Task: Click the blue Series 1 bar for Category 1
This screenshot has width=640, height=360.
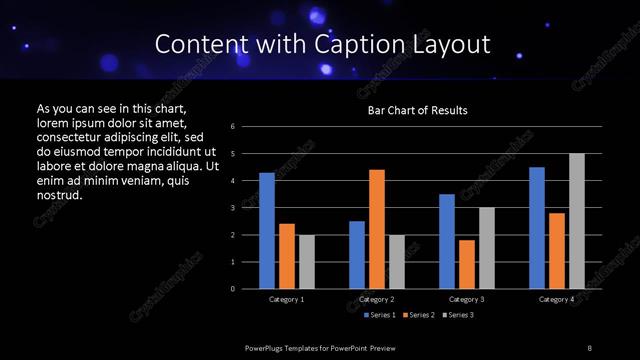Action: coord(267,231)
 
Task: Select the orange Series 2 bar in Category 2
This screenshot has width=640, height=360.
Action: coord(377,229)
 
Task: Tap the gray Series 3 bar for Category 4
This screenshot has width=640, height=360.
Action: coord(577,221)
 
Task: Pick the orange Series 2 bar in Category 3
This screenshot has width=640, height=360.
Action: coord(467,264)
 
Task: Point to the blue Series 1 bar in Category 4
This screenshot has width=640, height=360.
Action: coord(537,228)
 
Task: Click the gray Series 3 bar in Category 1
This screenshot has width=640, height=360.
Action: coord(307,262)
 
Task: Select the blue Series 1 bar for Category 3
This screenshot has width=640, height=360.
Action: coord(447,241)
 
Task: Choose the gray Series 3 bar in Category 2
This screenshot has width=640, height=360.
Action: coord(397,262)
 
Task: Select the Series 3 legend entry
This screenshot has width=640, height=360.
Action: coord(459,315)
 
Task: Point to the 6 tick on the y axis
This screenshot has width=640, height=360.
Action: coord(233,127)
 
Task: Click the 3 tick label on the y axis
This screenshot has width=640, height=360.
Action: coord(233,208)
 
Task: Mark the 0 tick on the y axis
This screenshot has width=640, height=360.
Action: coord(233,289)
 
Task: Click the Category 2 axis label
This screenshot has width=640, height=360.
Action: coord(377,299)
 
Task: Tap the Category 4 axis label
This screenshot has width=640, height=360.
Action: coord(557,299)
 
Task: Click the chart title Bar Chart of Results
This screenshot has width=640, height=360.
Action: coord(418,110)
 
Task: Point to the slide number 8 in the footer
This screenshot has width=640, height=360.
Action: coord(590,347)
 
